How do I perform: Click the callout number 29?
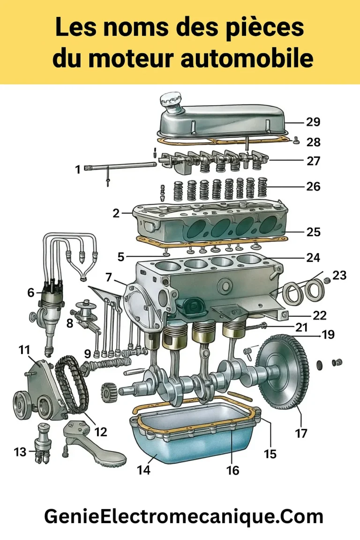[313, 122]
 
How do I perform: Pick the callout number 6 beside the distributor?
[31, 293]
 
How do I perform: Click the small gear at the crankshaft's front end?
[108, 390]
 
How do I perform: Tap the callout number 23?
[339, 275]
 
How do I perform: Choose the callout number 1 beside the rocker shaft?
[78, 169]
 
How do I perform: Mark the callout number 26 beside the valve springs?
[313, 187]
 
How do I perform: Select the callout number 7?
[109, 277]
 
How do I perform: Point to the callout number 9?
[88, 353]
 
